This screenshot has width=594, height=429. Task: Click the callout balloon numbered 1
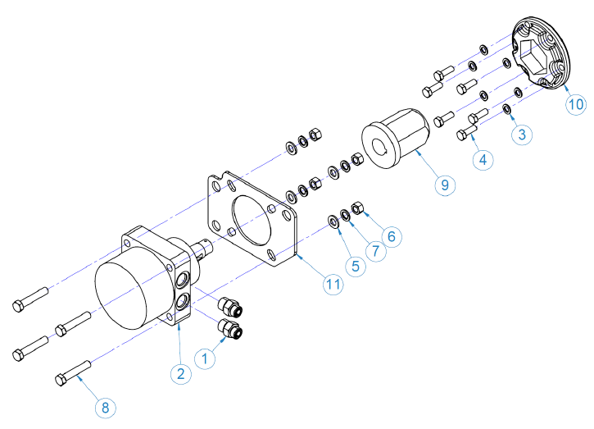tap(206, 357)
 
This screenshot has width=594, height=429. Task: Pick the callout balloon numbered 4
tap(483, 160)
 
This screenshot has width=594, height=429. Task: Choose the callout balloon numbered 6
tap(391, 236)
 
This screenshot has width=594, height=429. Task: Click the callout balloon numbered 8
tap(105, 406)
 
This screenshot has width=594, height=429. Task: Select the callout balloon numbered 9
tap(445, 185)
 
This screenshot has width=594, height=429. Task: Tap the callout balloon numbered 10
tap(576, 104)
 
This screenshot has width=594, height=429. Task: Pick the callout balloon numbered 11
tap(332, 284)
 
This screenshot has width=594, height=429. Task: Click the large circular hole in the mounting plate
tap(253, 221)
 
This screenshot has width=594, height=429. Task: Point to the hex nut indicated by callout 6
tap(356, 207)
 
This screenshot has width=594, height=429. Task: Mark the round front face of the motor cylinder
tap(123, 292)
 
